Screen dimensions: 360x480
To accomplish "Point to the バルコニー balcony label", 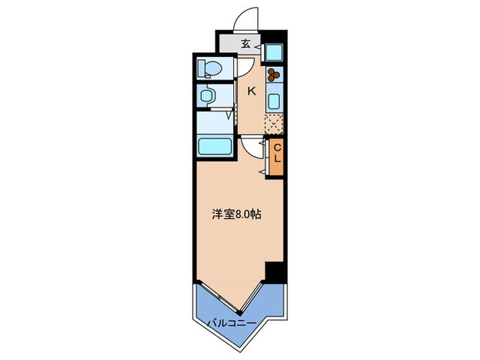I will [x=230, y=322].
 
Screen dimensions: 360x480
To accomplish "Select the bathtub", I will [x=214, y=146].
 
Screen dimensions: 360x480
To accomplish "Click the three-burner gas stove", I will [x=274, y=75].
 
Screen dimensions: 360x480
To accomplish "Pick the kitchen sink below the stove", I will [x=274, y=101].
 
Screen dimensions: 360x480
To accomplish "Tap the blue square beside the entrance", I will [x=274, y=51].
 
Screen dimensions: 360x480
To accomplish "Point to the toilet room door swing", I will [x=244, y=67].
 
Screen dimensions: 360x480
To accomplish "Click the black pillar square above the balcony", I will [x=275, y=272].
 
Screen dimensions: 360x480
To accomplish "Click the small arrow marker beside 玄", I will [x=258, y=45].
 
